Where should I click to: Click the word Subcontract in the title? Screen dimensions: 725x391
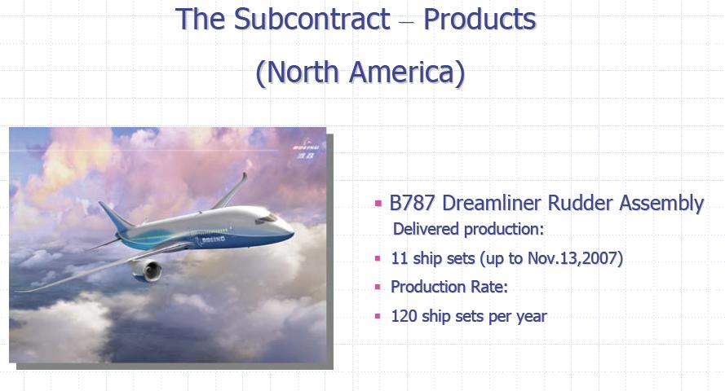click(x=312, y=19)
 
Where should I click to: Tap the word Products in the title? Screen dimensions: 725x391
click(x=480, y=19)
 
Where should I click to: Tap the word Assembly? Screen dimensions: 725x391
click(x=661, y=204)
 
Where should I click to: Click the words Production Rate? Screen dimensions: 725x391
click(x=449, y=287)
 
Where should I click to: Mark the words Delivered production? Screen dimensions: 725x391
click(x=468, y=229)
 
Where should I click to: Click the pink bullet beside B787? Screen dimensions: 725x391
click(x=378, y=203)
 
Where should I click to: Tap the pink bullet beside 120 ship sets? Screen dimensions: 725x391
click(x=378, y=316)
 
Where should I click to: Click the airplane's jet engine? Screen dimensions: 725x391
click(x=147, y=270)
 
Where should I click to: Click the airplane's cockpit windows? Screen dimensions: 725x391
click(x=267, y=219)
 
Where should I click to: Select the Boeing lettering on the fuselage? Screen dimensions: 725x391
click(x=213, y=239)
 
